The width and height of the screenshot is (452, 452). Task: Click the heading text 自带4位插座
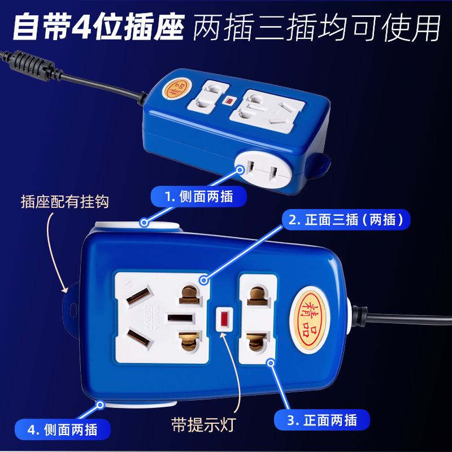[98, 28]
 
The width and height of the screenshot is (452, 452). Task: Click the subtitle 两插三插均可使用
[316, 28]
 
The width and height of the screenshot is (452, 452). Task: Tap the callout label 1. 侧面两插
[199, 196]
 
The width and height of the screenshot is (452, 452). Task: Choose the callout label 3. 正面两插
[322, 420]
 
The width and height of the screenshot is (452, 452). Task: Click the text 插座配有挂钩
[64, 202]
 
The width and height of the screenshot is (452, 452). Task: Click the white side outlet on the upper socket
[262, 168]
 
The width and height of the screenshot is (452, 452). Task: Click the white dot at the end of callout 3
[272, 363]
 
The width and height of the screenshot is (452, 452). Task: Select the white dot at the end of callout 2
[203, 280]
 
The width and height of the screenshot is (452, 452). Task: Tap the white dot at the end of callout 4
[101, 405]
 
